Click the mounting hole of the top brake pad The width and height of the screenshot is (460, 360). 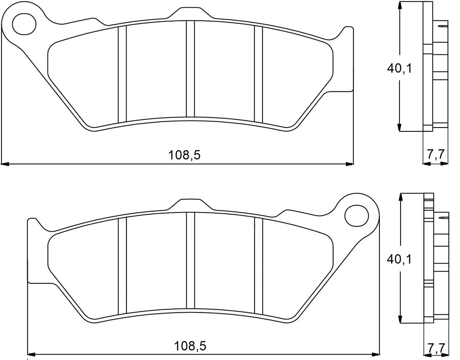[x=24, y=24]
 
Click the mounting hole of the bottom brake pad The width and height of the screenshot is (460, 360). [x=356, y=216]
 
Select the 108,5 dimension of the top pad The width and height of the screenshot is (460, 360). [x=184, y=155]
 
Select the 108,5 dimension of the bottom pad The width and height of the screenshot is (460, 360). [x=190, y=346]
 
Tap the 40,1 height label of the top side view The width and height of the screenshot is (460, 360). [x=399, y=69]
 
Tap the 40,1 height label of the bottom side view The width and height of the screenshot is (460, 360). [x=399, y=259]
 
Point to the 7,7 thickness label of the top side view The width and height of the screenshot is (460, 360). [x=435, y=154]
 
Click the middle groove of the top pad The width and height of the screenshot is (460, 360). [x=190, y=69]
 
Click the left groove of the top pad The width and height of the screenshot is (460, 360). [x=122, y=74]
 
